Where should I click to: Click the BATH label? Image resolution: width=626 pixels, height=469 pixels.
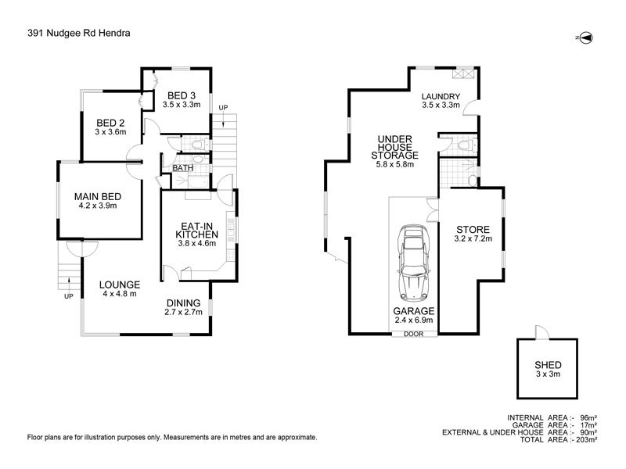click(x=183, y=168)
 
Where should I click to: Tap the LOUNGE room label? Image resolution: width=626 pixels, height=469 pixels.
click(x=121, y=285)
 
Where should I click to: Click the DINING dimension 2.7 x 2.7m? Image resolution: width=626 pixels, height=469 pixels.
click(x=185, y=313)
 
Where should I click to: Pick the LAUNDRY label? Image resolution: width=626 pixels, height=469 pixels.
click(x=441, y=96)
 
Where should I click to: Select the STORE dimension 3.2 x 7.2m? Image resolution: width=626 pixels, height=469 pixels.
click(x=473, y=241)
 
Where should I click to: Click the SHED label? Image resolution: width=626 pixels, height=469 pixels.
click(x=548, y=365)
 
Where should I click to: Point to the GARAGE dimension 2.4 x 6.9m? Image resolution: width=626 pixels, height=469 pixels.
click(x=413, y=321)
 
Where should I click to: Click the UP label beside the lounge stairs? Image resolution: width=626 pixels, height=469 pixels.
click(x=69, y=297)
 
